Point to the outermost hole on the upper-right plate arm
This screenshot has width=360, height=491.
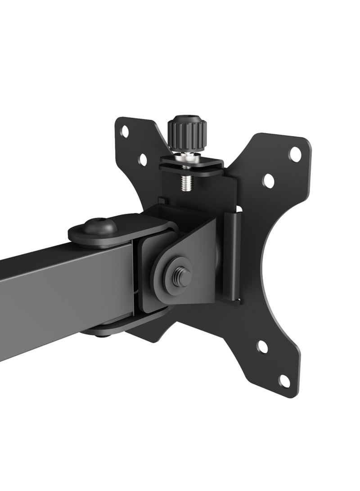click(295, 153)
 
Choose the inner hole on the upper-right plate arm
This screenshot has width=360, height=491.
click(269, 181)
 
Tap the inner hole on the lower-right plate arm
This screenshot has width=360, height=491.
click(262, 347)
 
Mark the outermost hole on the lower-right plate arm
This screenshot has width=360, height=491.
click(284, 381)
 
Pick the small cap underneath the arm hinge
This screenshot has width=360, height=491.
click(101, 333)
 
